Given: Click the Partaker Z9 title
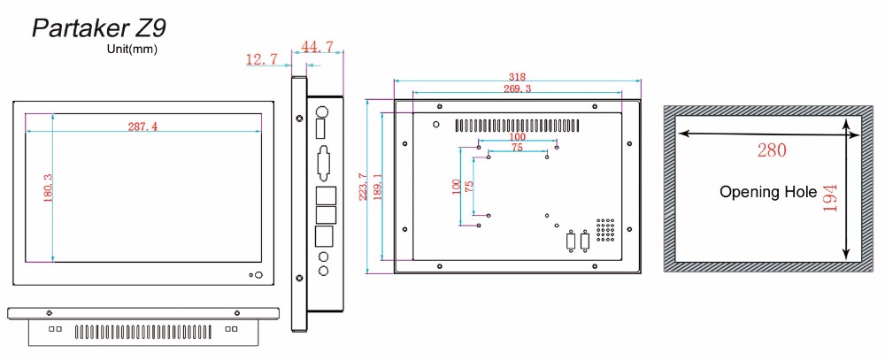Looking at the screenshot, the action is (99, 27).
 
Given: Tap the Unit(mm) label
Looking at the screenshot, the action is (132, 50).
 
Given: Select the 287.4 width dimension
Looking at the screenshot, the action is (142, 126).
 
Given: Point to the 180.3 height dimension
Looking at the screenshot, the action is (48, 188).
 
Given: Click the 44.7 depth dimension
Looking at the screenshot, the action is (317, 47).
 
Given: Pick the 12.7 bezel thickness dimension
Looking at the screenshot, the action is (262, 58).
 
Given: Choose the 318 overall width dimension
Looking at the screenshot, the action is (517, 77).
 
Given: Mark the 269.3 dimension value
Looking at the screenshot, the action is (517, 88).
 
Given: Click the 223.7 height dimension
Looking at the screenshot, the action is (363, 187).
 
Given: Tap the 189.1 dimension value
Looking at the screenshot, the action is (378, 187).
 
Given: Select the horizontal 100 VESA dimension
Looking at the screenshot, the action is (517, 136).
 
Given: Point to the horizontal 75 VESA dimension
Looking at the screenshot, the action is (517, 147).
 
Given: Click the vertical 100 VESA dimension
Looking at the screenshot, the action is (456, 187).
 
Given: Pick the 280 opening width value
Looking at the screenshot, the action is (772, 150).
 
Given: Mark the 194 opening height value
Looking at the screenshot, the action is (830, 198).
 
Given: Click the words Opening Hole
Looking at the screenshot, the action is (768, 192).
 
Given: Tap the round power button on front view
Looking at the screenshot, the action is (258, 275).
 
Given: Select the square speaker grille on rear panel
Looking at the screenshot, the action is (605, 230).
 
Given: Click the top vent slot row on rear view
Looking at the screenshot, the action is (518, 125).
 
